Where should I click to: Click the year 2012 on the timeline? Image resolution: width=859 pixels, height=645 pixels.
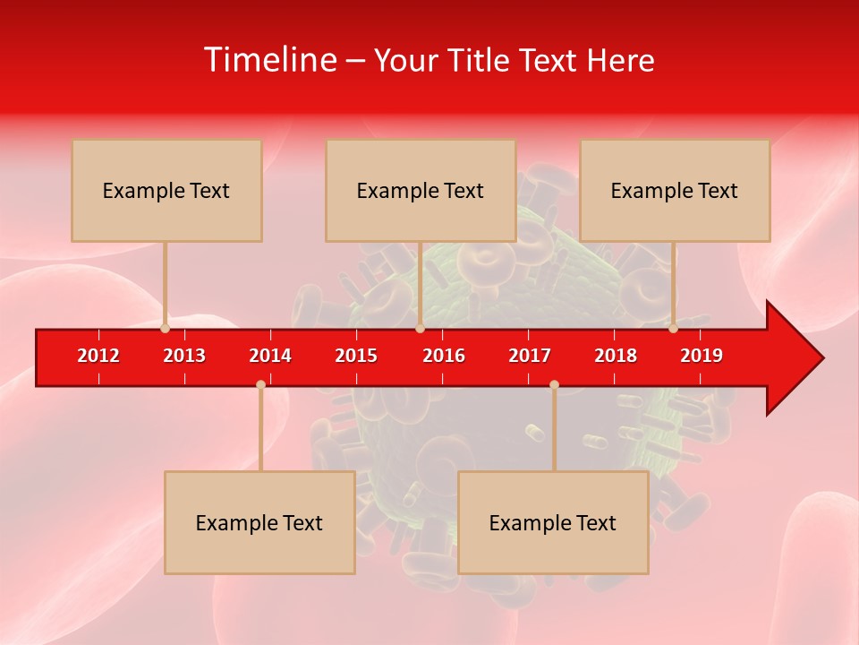click(98, 356)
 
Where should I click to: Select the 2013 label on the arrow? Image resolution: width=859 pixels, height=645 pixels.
click(184, 356)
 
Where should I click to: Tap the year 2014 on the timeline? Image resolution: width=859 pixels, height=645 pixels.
click(270, 356)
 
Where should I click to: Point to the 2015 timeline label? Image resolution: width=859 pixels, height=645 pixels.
click(356, 356)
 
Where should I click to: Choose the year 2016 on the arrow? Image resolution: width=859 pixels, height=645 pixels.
click(444, 356)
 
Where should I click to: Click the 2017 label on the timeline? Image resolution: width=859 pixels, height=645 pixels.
click(530, 356)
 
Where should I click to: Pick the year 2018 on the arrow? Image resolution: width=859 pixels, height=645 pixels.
click(616, 356)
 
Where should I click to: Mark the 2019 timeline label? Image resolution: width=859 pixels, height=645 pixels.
click(702, 356)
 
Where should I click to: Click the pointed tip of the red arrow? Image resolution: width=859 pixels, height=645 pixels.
click(821, 358)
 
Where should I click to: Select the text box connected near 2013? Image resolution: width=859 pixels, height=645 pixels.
click(166, 190)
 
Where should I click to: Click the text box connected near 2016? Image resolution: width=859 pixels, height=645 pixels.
click(421, 190)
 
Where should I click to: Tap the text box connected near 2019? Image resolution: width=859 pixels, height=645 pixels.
click(675, 190)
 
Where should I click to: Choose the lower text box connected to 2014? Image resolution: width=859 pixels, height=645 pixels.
click(259, 522)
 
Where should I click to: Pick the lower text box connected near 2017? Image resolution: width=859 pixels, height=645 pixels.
click(553, 522)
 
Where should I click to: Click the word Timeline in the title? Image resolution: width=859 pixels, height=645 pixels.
click(269, 60)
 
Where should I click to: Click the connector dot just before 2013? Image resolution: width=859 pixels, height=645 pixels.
click(165, 329)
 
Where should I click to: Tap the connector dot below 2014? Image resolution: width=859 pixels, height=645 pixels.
click(260, 384)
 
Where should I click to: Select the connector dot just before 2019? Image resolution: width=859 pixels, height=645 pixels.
click(674, 329)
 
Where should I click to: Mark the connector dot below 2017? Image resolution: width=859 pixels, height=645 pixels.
click(554, 384)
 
